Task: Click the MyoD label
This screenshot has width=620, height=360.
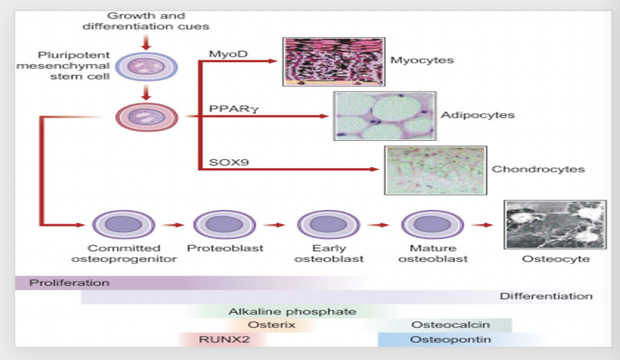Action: pos(222,53)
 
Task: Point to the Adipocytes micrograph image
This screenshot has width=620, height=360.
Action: pos(385,115)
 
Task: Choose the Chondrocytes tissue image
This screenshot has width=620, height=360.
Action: pos(436,170)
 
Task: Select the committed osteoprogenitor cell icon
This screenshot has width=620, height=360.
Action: pos(123,224)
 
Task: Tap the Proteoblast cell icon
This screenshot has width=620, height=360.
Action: pos(225,224)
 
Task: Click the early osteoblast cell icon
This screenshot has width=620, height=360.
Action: pos(328,224)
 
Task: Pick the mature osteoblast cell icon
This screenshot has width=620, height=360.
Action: pos(432,224)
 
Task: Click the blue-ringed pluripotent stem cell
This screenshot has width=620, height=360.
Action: pos(146,68)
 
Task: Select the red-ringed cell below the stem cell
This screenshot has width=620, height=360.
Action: pos(146,117)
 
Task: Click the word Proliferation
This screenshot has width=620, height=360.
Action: pos(69,283)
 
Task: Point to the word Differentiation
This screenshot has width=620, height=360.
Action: pos(546,296)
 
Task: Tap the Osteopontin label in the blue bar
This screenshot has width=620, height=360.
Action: pos(451,339)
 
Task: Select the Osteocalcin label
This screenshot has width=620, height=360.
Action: pos(450,325)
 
